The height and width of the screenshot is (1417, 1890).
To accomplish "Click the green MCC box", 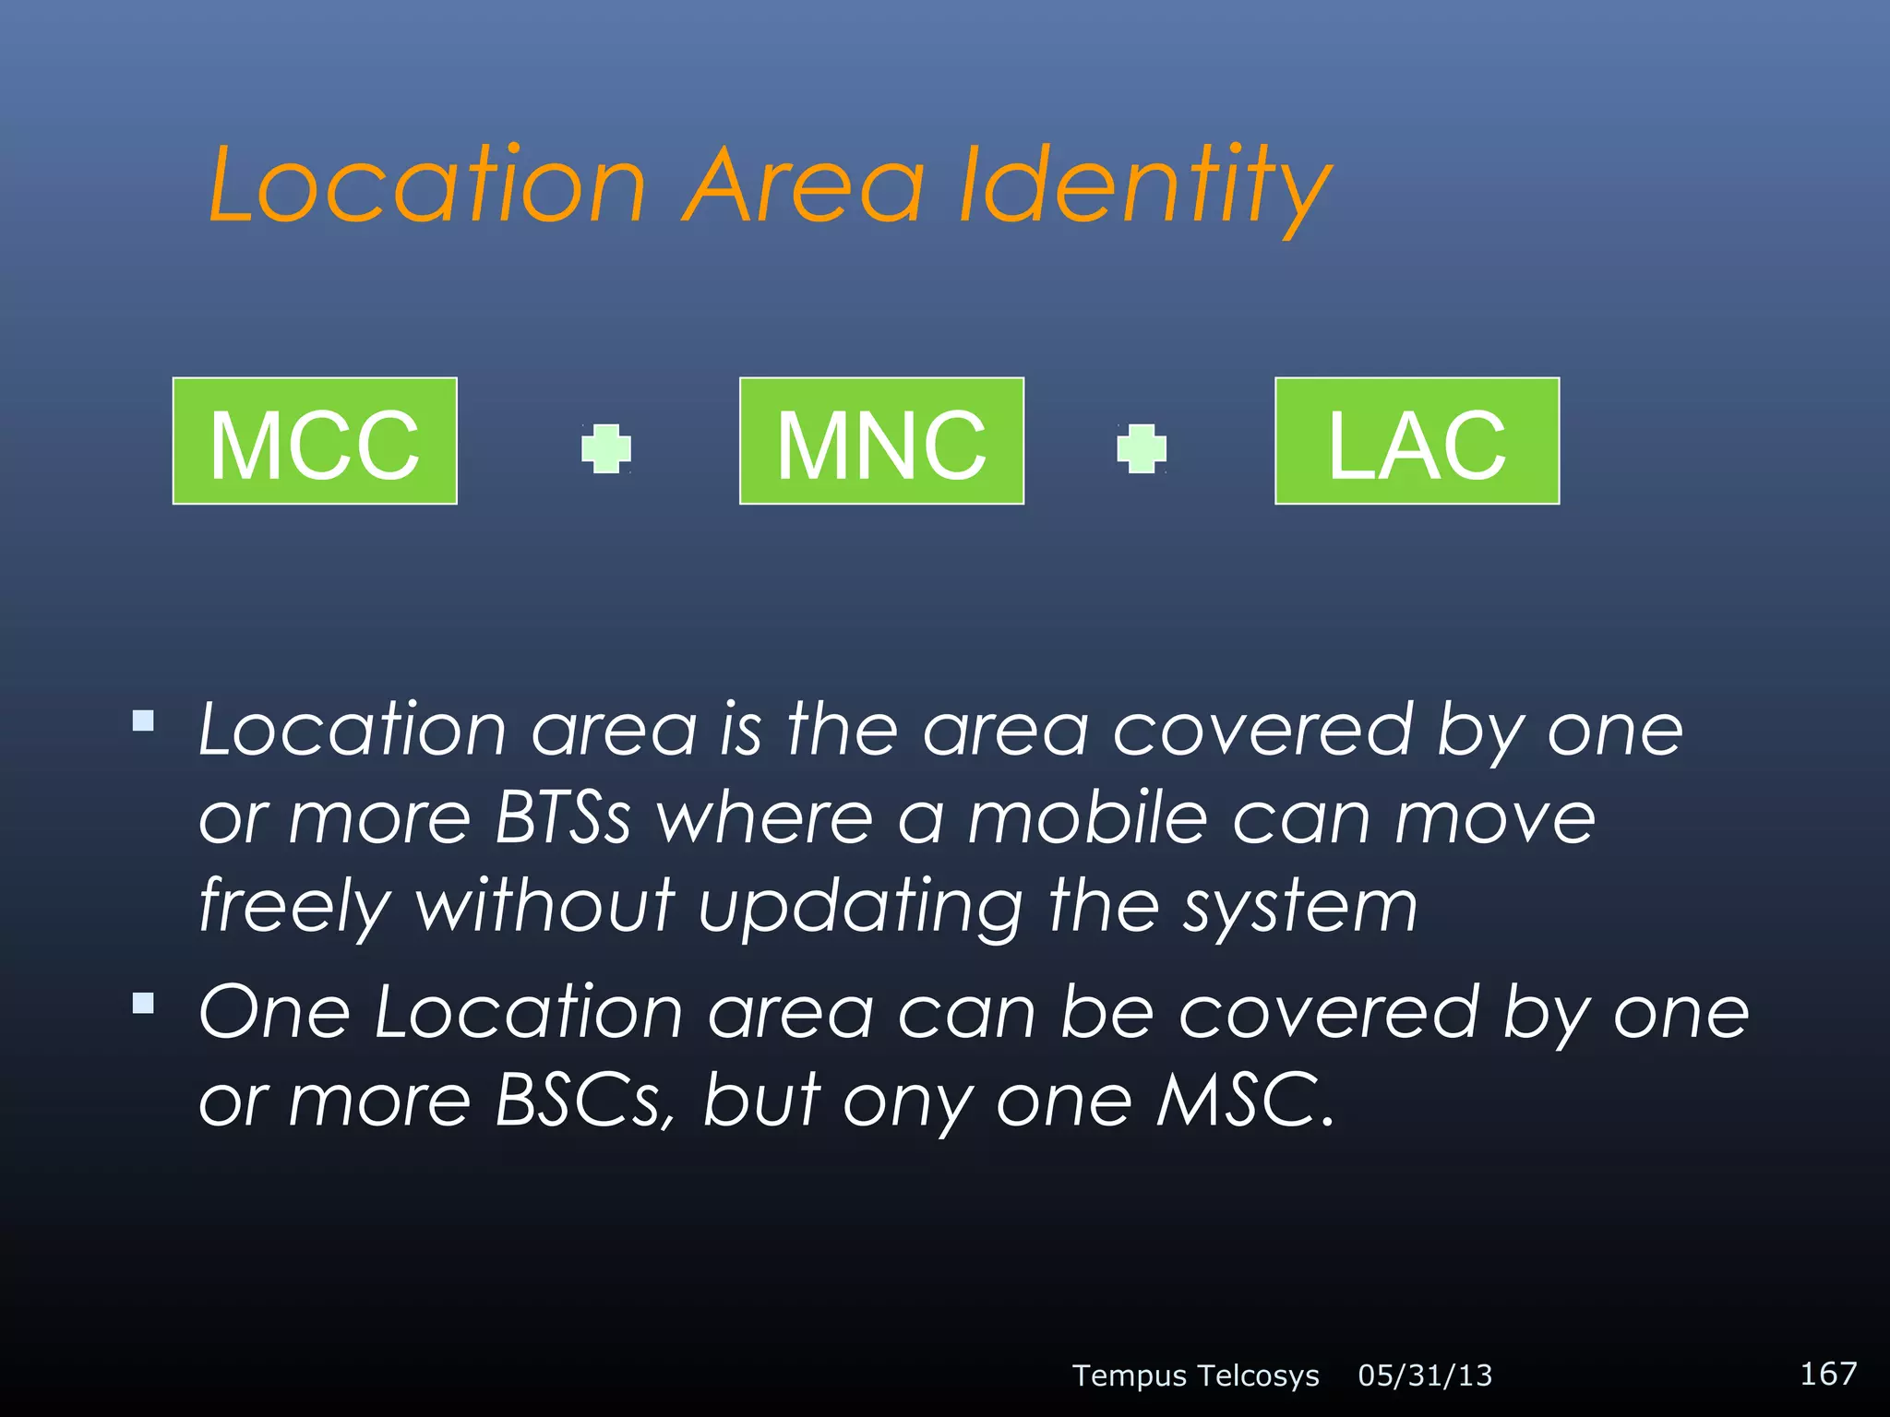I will click(x=315, y=441).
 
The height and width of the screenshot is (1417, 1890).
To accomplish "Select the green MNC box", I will click(x=881, y=441).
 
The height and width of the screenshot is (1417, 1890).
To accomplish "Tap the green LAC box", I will click(x=1417, y=441).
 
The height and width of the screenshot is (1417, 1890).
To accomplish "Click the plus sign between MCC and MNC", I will click(x=606, y=449).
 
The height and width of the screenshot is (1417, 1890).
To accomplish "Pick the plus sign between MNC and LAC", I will click(x=1142, y=449).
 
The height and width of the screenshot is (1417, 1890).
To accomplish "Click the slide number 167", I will click(x=1828, y=1373).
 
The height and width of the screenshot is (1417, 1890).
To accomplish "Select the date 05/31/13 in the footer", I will click(x=1425, y=1375).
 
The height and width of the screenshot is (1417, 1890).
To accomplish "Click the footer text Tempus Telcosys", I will click(x=1196, y=1375).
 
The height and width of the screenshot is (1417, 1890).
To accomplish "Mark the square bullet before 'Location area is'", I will click(x=143, y=720).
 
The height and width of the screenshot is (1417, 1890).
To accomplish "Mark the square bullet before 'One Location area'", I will click(x=143, y=1003).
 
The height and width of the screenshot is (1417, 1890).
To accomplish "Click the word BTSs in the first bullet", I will click(x=563, y=818).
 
